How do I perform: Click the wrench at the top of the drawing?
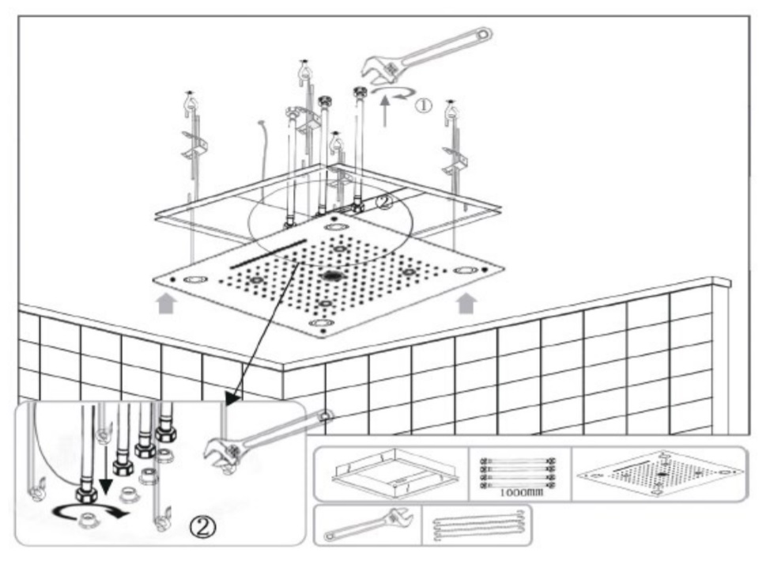(426, 55)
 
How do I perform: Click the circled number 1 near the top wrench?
(424, 104)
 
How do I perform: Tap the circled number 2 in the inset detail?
(202, 527)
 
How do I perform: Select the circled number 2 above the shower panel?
(385, 201)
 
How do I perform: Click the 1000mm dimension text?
(521, 492)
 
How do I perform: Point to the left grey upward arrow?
(166, 303)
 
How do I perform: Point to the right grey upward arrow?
(466, 303)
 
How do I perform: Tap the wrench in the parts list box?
(368, 525)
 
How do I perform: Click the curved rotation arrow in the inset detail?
(90, 514)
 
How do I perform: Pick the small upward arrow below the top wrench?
(386, 111)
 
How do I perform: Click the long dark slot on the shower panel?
(268, 253)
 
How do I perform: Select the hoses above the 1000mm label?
(518, 472)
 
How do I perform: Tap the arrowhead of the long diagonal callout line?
(232, 397)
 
